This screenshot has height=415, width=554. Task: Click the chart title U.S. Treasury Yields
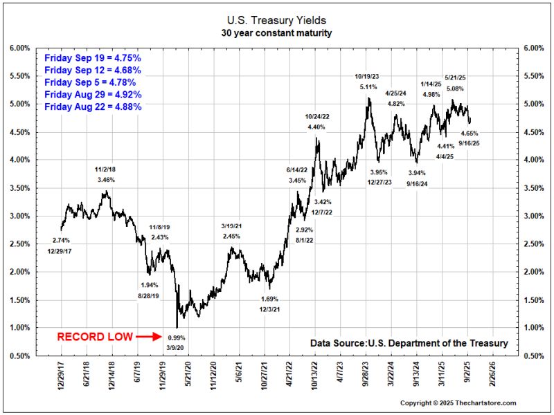click(x=278, y=21)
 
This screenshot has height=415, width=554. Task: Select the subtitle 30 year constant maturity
click(x=278, y=33)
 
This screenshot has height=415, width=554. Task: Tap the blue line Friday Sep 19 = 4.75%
click(x=93, y=58)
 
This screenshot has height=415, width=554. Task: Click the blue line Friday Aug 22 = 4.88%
click(x=93, y=107)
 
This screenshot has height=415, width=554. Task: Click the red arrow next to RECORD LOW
click(x=149, y=337)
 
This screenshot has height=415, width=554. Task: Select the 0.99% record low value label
click(x=176, y=337)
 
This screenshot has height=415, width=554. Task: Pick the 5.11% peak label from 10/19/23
click(x=368, y=87)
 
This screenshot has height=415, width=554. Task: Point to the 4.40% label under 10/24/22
click(x=316, y=127)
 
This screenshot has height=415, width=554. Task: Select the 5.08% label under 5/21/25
click(x=456, y=88)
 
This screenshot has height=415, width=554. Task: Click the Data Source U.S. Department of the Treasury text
click(x=409, y=343)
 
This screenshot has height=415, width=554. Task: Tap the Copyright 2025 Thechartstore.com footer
click(x=459, y=403)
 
